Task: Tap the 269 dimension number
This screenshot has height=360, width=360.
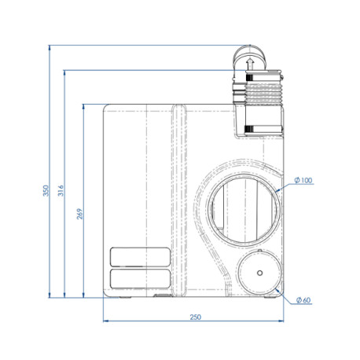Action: (79, 212)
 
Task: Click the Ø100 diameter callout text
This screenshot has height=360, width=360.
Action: (303, 181)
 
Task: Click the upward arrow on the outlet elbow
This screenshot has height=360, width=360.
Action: (249, 64)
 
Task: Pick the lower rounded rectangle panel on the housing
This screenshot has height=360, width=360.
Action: (142, 278)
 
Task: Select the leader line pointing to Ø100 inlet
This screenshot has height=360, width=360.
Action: (285, 186)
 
